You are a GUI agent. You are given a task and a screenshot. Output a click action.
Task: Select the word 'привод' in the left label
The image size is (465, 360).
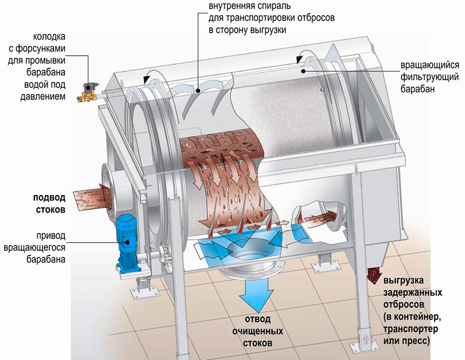(51, 236)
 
